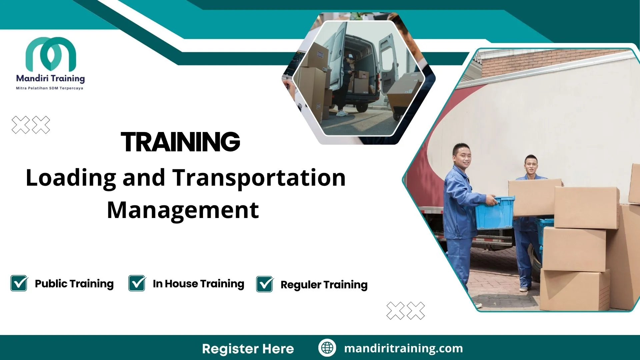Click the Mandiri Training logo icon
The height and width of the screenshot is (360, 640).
pos(51,54)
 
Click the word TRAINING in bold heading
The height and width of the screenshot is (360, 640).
pos(180,142)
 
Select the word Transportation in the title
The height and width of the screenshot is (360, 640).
pos(259,178)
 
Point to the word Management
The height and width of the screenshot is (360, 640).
pos(183,210)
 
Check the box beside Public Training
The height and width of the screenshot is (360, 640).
pos(19,283)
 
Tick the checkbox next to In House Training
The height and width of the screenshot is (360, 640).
pos(137,283)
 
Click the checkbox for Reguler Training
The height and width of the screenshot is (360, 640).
pos(265,284)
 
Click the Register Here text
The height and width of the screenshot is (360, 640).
pos(248,349)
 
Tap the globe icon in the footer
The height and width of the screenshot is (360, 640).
pos(327,348)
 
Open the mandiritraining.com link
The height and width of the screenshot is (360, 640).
pos(403,348)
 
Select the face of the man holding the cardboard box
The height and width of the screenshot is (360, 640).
pos(531,166)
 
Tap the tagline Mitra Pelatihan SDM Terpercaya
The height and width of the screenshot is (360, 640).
pos(50,88)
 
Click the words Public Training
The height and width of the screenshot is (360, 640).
pos(74,284)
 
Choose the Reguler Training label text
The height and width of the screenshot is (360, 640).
pos(324,285)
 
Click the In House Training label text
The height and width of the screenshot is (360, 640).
pos(198,284)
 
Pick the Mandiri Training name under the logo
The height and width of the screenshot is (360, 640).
pos(50,79)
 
